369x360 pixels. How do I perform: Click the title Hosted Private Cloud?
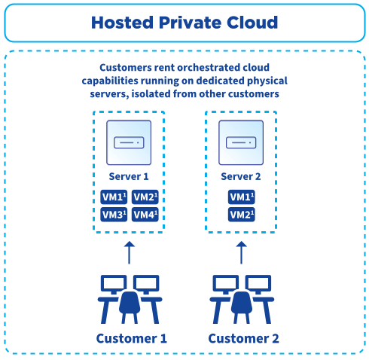click(x=184, y=23)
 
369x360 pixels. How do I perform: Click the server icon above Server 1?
click(x=128, y=142)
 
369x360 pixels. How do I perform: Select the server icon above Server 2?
click(x=241, y=142)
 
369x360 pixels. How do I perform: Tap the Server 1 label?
click(x=128, y=177)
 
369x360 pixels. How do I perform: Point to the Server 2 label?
click(x=241, y=177)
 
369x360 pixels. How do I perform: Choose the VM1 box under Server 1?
click(x=113, y=197)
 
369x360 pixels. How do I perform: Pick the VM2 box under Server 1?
click(x=145, y=197)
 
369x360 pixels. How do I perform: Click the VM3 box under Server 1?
click(x=113, y=215)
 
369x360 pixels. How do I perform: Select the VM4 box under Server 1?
click(x=145, y=215)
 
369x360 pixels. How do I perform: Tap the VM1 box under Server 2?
click(x=241, y=197)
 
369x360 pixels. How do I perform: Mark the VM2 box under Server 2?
click(x=241, y=215)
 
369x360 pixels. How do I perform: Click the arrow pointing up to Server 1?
click(x=129, y=252)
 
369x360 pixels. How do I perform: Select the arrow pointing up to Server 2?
click(x=241, y=252)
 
